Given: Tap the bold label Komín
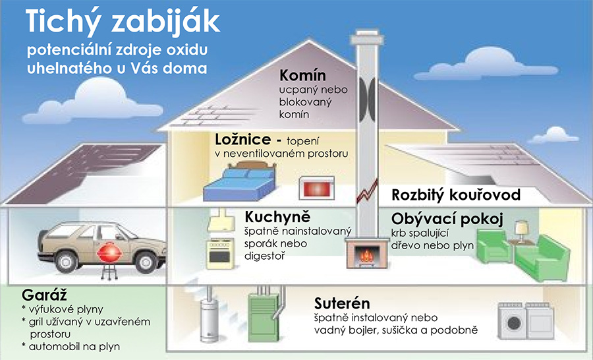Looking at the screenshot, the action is pos(302,75).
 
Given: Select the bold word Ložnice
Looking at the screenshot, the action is pos(242,139).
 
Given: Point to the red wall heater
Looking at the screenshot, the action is pos(317,188).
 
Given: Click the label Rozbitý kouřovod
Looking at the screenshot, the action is pos(456,195).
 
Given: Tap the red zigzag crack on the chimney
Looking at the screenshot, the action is pos(367,191).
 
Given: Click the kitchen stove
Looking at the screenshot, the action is pos(220,253).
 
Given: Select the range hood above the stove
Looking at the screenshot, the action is pos(221,221).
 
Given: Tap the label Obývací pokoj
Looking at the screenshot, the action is pos(447,219).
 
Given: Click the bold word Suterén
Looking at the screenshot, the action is pos(342,303).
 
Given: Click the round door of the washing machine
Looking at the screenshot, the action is pos(513,323).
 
